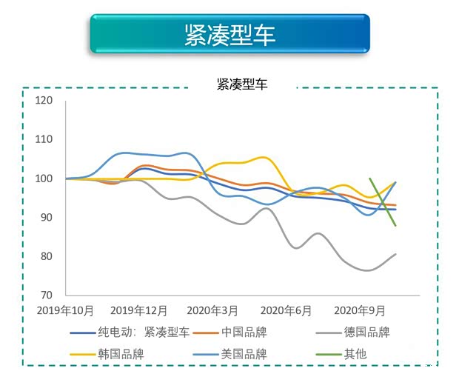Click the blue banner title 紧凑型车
coord(229,34)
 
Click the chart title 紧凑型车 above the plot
coord(242,84)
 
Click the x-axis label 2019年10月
coord(65,310)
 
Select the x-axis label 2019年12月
coord(139,310)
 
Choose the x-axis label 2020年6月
coord(286,310)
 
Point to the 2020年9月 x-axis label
coord(360,310)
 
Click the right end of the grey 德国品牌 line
coord(396,254)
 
